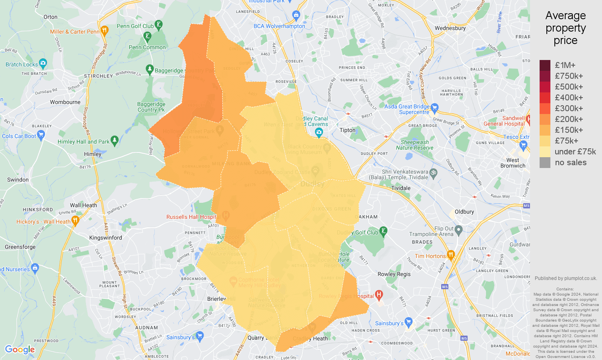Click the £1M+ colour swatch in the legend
(x=545, y=65)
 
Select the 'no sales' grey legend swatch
(x=545, y=162)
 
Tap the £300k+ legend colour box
(x=545, y=108)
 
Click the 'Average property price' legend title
(x=565, y=28)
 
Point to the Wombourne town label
(x=65, y=102)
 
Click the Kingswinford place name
(x=106, y=238)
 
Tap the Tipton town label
(x=347, y=130)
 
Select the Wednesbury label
(x=450, y=28)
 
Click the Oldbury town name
(x=464, y=212)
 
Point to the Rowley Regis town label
(x=394, y=274)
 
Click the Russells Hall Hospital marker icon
(x=226, y=216)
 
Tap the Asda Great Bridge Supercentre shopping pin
(x=435, y=108)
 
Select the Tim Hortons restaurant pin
(x=451, y=254)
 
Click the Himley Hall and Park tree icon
(x=114, y=140)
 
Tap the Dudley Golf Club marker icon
(x=383, y=231)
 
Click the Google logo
(x=20, y=350)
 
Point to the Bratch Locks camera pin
(x=43, y=63)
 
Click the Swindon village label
(x=18, y=180)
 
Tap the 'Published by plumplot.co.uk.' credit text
(x=566, y=278)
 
